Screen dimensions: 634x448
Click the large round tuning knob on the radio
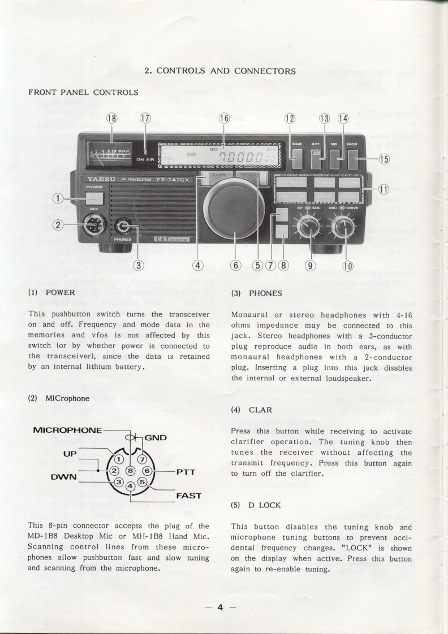pos(230,210)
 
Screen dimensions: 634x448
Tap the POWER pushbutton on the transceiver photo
pos(94,198)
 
